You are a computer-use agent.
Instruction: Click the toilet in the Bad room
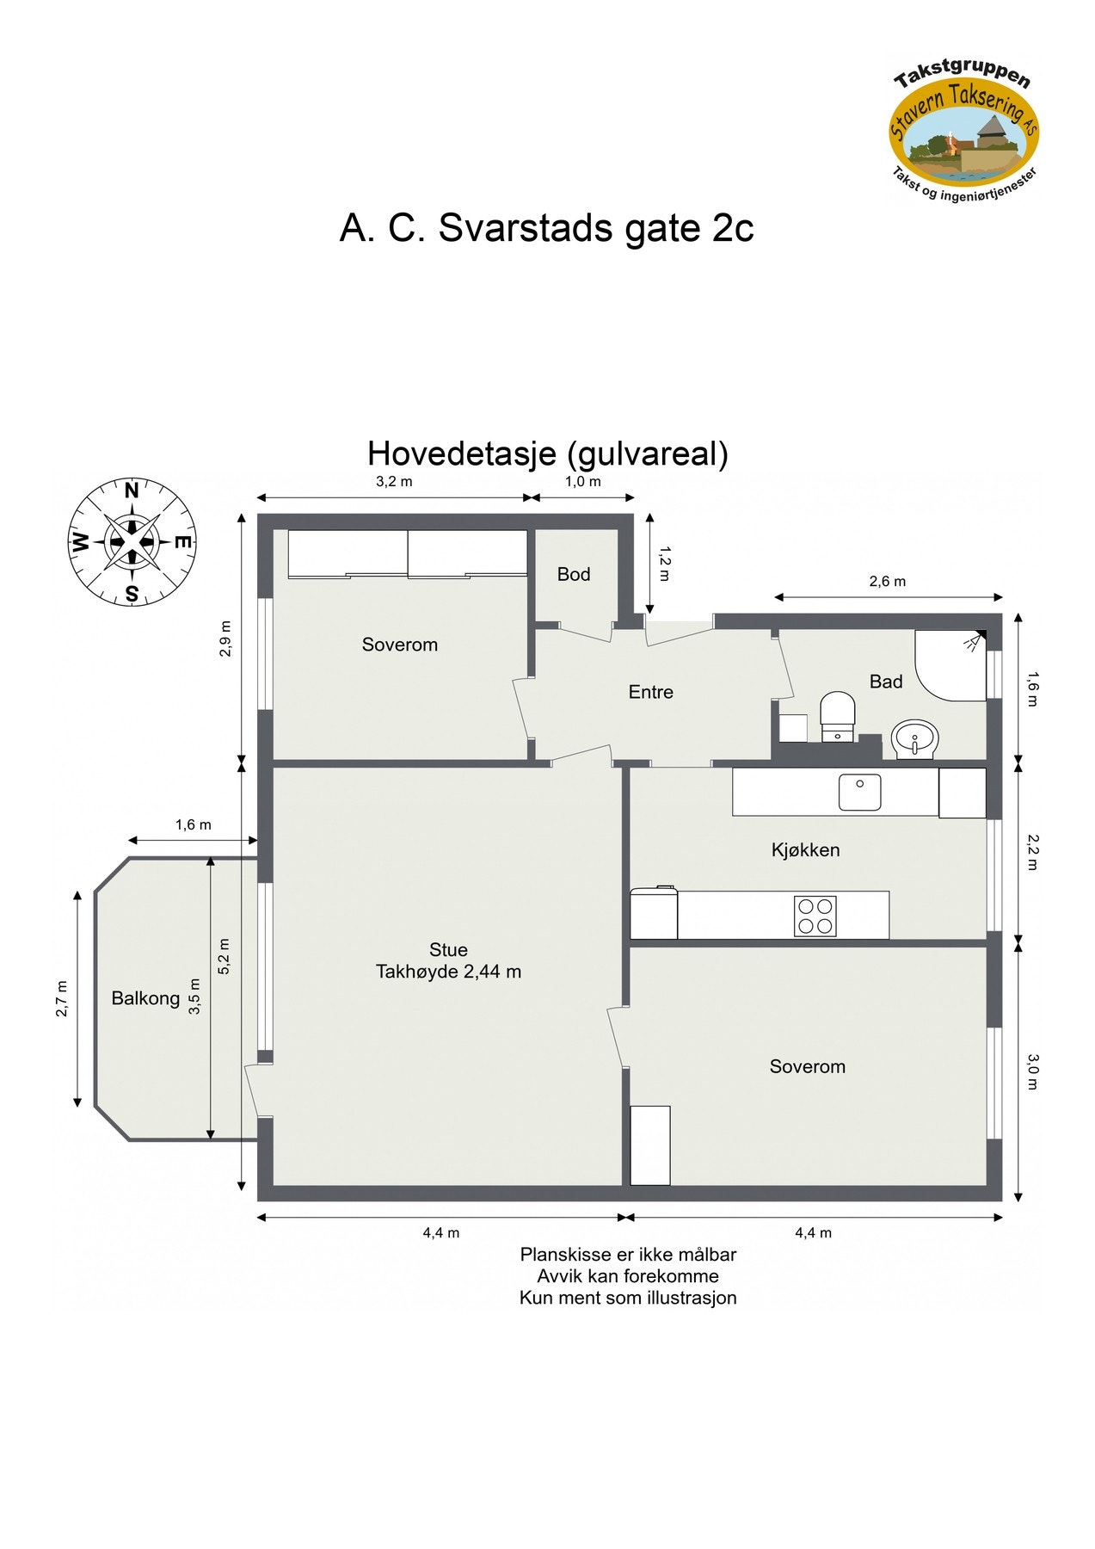pos(837,715)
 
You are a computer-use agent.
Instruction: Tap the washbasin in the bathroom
pos(914,739)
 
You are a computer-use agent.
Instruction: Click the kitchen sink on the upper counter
pos(859,792)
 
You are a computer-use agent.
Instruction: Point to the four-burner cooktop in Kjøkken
pos(815,916)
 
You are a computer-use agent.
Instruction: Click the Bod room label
pos(574,574)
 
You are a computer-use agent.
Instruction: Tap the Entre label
pos(650,692)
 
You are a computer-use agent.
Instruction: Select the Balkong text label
pos(145,998)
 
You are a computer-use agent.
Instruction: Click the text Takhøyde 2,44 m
pos(448,972)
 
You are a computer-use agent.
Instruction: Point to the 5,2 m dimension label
pos(225,955)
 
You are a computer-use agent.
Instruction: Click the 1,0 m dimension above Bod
pos(582,481)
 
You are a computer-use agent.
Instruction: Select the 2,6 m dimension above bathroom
pos(887,581)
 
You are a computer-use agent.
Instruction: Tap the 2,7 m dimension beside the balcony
pos(62,998)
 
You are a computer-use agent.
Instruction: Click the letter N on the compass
pos(132,491)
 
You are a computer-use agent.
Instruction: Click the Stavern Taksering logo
pos(963,133)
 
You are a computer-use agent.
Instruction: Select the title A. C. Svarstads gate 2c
pos(546,228)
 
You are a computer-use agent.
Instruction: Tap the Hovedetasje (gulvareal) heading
pos(547,454)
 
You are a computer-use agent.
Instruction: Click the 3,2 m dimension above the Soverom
pos(394,481)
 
